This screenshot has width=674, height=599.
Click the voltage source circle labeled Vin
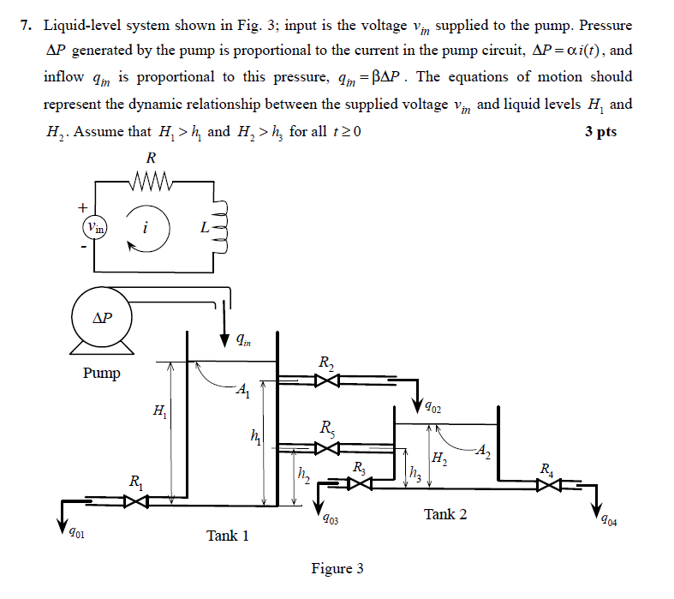94,227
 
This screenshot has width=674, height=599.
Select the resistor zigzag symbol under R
154,182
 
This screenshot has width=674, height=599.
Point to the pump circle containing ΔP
100,317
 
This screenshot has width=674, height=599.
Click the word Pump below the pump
102,373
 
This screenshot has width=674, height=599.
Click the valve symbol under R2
327,380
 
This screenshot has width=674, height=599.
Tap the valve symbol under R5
327,446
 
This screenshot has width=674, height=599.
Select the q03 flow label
330,519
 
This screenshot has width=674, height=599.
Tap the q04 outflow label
606,518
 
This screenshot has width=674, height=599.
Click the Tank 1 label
228,536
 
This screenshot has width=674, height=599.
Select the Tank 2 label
445,514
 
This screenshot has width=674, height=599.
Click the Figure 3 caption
337,568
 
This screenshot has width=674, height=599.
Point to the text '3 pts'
600,132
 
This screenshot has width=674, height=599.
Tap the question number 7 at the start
26,26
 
